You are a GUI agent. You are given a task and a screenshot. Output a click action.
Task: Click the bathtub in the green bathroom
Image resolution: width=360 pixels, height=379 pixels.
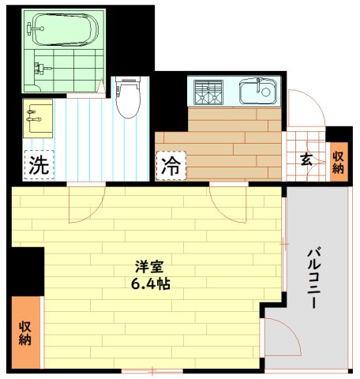tap(63, 31)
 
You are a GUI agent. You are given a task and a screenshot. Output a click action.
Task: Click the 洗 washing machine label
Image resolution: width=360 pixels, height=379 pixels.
tap(39, 165)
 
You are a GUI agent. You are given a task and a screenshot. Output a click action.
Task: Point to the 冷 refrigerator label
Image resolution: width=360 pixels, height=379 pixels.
tap(171, 165)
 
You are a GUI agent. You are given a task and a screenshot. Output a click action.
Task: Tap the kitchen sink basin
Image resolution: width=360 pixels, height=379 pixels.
tap(257, 92)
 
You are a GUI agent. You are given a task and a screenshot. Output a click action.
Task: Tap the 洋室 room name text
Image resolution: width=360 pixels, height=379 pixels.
tap(142, 266)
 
